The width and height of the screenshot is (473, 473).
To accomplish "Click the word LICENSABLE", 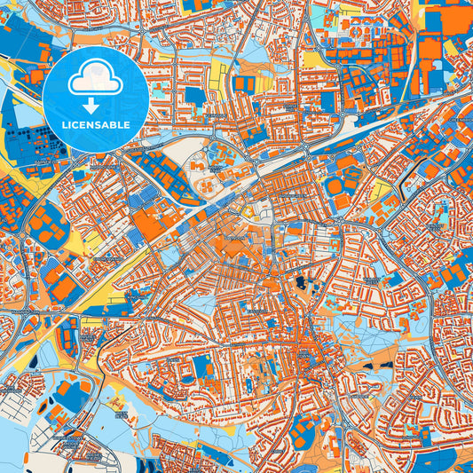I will pyautogui.click(x=95, y=124).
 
